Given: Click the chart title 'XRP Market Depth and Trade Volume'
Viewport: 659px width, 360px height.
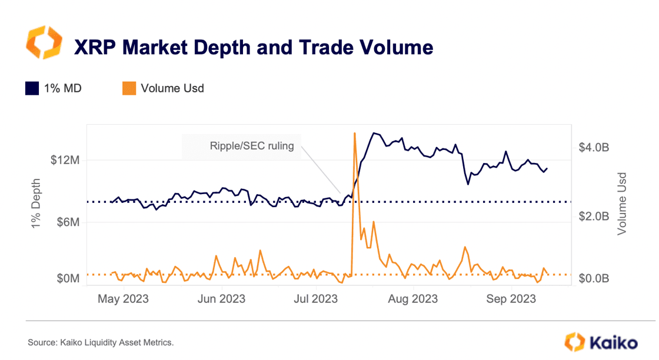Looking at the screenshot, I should pyautogui.click(x=253, y=47).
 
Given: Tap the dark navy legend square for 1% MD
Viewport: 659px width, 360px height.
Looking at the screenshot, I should pyautogui.click(x=32, y=89).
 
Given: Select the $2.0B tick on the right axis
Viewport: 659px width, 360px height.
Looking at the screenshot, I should pyautogui.click(x=594, y=216).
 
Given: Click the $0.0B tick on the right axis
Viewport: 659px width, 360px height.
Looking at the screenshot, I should pyautogui.click(x=594, y=278).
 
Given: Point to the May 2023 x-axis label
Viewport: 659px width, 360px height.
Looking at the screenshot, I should pyautogui.click(x=123, y=299).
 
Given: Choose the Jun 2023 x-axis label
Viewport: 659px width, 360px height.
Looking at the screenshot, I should pyautogui.click(x=222, y=299).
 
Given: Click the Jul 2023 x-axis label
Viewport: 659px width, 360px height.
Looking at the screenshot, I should pyautogui.click(x=315, y=299).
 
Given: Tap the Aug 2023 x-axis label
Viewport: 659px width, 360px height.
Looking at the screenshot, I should pyautogui.click(x=413, y=299).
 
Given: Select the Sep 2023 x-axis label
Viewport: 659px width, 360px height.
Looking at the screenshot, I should pyautogui.click(x=511, y=299).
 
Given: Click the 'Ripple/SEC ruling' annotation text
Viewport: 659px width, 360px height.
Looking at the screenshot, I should pyautogui.click(x=251, y=146).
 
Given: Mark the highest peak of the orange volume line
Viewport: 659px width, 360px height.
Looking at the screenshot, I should pyautogui.click(x=354, y=133).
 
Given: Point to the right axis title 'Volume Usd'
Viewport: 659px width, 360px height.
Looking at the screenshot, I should pyautogui.click(x=621, y=204).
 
